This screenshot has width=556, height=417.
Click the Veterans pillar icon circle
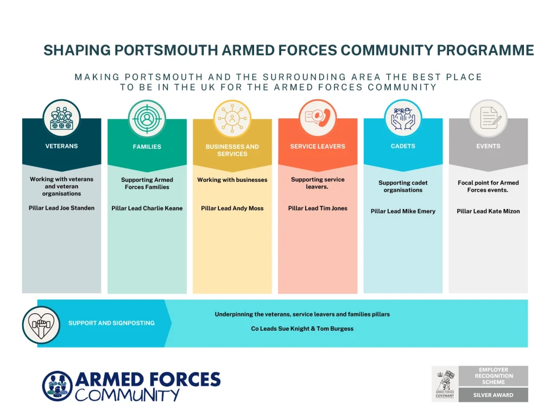coord(62,118)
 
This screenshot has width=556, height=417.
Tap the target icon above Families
coord(147,119)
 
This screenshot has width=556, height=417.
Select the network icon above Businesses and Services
coord(232,119)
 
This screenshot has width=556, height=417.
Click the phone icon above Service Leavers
coord(318,118)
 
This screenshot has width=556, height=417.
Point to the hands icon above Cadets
coord(403,118)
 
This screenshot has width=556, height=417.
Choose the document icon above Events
coord(488,118)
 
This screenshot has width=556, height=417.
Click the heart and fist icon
coord(41,325)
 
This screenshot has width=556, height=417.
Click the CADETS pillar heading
coord(403,146)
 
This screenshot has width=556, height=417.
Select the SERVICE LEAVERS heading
coord(318,147)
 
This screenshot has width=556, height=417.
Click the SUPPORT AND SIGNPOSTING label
coord(111,323)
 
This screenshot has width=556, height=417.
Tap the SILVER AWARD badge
coord(493,395)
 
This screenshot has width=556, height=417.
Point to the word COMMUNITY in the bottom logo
coord(127,395)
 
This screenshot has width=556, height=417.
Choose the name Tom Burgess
coord(335,328)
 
